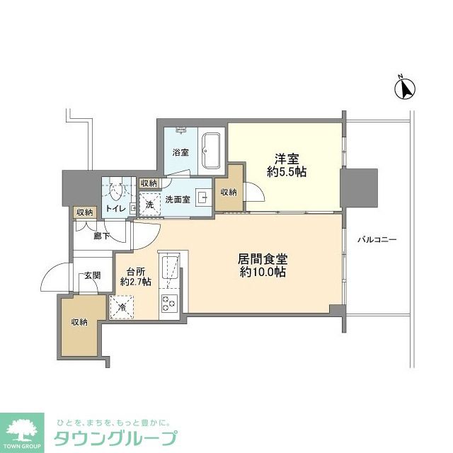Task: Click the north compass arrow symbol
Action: pyautogui.click(x=404, y=89)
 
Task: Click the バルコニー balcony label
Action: pyautogui.click(x=376, y=240)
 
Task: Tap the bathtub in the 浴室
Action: pyautogui.click(x=211, y=150)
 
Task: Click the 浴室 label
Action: pyautogui.click(x=180, y=152)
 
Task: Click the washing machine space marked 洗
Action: pyautogui.click(x=149, y=203)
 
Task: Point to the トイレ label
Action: pyautogui.click(x=116, y=208)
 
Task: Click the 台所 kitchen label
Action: pyautogui.click(x=135, y=270)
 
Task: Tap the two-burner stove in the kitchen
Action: pyautogui.click(x=170, y=304)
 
